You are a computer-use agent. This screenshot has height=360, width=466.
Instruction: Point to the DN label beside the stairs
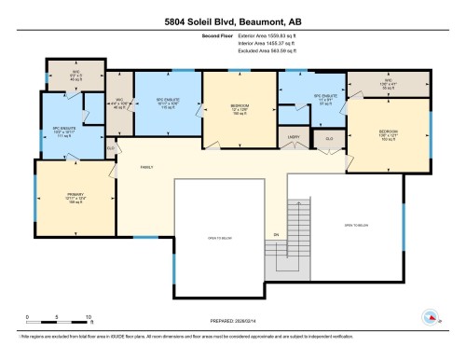point(276,234)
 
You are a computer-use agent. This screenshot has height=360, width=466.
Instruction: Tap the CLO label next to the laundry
point(329,139)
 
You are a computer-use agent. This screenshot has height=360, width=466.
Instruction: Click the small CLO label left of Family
point(111,146)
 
